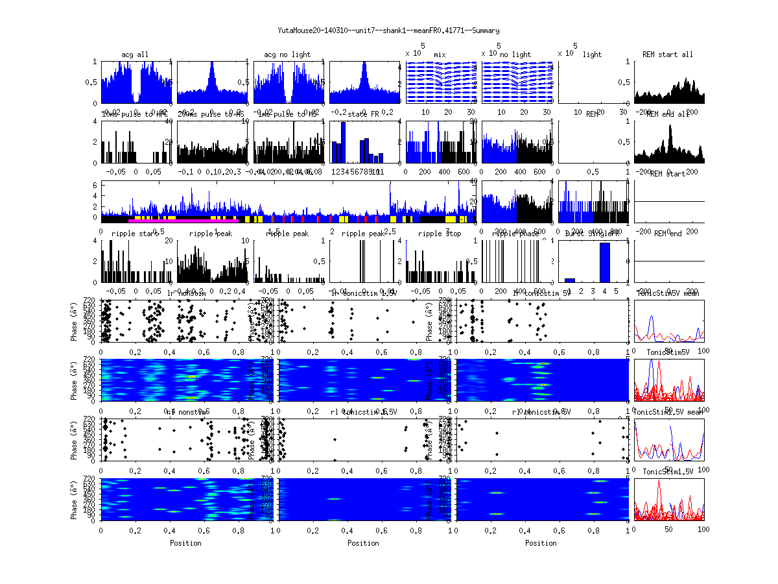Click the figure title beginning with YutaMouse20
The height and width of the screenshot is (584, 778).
click(x=388, y=30)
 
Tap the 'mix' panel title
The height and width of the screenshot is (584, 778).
click(x=440, y=55)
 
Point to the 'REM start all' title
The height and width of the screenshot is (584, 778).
click(x=668, y=55)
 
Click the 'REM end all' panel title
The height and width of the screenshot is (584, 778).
click(x=668, y=115)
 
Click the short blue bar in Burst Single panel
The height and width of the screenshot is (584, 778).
click(x=570, y=280)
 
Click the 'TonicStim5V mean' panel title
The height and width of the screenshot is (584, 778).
click(x=668, y=294)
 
